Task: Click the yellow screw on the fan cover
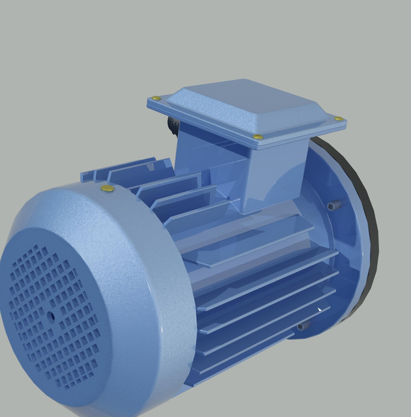(107, 189)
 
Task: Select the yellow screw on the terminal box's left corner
(156, 98)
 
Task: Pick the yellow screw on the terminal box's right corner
(338, 119)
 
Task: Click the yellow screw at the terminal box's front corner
(258, 137)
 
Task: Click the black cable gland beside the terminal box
(173, 125)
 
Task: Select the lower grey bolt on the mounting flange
(302, 326)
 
